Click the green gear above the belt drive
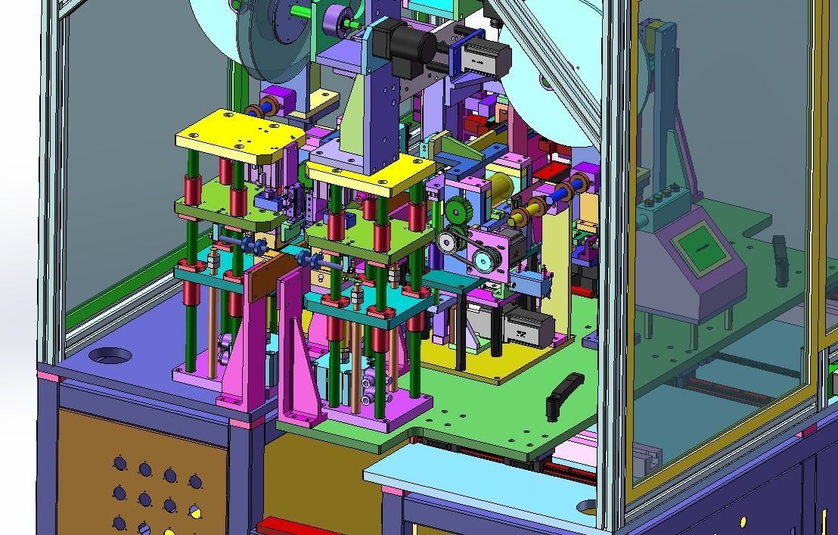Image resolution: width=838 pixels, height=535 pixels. pyautogui.click(x=459, y=211)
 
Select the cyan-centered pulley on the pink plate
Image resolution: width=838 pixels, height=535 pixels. pyautogui.click(x=481, y=261)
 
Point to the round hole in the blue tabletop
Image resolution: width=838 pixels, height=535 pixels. pyautogui.click(x=110, y=354)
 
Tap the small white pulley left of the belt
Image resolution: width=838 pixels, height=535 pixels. pyautogui.click(x=446, y=241)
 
